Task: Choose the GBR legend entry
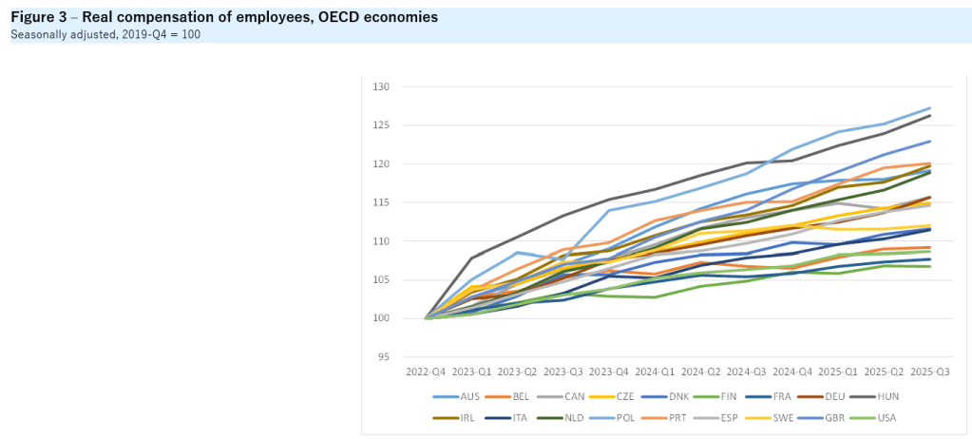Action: point(829,417)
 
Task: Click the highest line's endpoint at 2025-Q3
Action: point(928,108)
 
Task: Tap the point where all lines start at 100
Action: point(427,318)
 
